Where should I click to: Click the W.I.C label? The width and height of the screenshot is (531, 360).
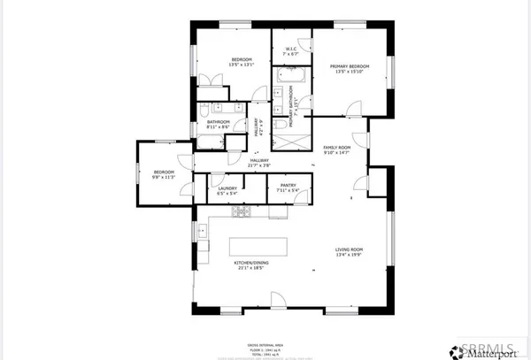pos(290,51)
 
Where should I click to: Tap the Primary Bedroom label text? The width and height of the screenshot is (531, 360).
pos(349,68)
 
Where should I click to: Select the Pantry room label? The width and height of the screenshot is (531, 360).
pos(289,188)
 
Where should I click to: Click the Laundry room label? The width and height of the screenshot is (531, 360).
pos(221,188)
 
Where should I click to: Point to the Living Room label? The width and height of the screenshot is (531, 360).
pos(349,252)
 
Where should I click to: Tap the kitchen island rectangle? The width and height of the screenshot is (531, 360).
pos(264,246)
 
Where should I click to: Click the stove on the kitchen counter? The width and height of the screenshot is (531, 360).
pos(241,212)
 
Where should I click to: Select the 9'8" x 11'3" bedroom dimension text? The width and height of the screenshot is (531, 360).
pos(165,177)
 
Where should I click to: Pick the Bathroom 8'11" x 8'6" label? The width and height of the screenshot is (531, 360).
pos(219,125)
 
